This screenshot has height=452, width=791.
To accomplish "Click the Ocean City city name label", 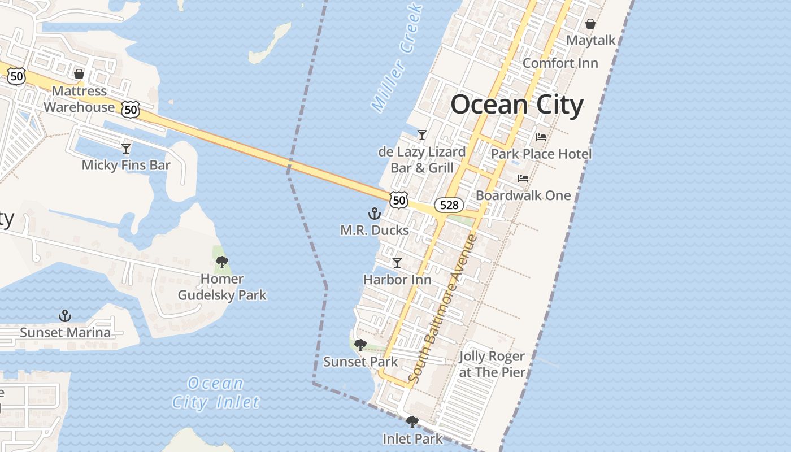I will point(516,105).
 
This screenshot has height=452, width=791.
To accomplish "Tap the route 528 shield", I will point(449,205).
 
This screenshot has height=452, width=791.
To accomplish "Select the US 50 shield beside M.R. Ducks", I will point(399,199).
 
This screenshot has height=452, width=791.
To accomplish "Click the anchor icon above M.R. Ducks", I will point(374,214).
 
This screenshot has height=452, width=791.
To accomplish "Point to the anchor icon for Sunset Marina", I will point(65,316).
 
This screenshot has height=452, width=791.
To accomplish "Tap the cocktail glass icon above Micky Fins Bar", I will point(126,149).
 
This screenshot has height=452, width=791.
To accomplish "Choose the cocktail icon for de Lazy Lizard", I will point(421,135).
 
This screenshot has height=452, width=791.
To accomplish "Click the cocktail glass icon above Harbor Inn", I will point(397,263).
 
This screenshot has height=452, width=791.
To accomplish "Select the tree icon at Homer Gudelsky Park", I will point(222,262).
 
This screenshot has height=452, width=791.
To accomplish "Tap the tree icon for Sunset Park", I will point(360,345).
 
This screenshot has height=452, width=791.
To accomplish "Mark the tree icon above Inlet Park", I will point(412,421).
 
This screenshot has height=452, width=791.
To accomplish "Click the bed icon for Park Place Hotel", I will point(541,137).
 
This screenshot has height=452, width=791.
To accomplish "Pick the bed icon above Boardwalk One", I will point(523,179).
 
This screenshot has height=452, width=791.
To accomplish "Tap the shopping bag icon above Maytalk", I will point(590,24).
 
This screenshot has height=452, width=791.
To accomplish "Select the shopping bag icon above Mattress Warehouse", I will point(79,74).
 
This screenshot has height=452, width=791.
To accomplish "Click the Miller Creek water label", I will point(397,56).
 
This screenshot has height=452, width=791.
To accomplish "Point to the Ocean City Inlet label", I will point(216,393).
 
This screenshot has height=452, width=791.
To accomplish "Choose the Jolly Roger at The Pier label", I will point(492,364).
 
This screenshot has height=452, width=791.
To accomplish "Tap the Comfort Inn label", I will point(560,63).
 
